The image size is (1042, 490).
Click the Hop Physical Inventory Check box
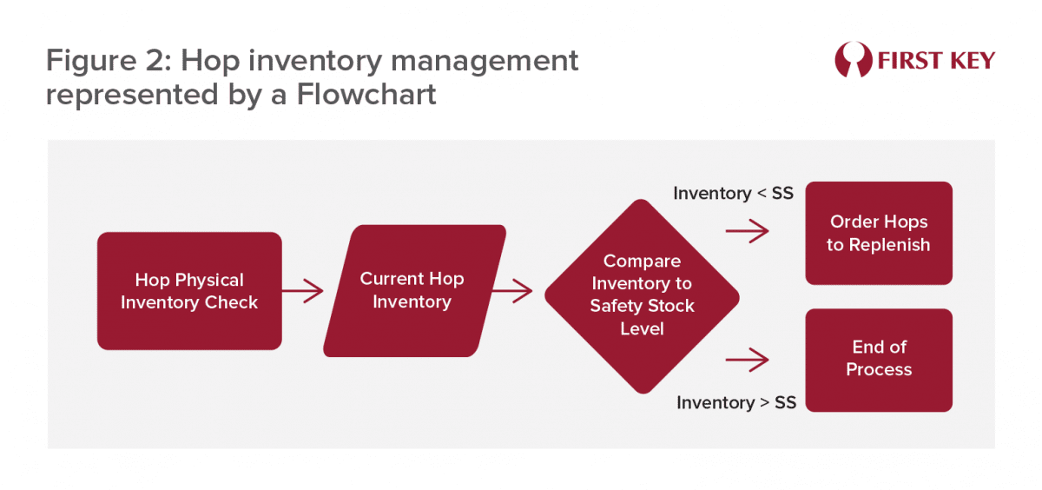pyautogui.click(x=189, y=291)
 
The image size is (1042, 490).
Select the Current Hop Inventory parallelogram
pyautogui.click(x=413, y=290)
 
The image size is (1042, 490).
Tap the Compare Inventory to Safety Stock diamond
pyautogui.click(x=642, y=295)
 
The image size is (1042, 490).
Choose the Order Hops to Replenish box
pyautogui.click(x=879, y=233)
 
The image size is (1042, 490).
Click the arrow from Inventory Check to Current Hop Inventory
pyautogui.click(x=302, y=291)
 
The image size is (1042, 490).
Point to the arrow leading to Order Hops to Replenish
pyautogui.click(x=747, y=231)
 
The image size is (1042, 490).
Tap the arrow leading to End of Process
pyautogui.click(x=747, y=358)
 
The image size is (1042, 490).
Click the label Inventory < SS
pyautogui.click(x=733, y=193)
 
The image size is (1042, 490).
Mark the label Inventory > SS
pyautogui.click(x=736, y=402)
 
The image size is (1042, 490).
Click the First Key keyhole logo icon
pyautogui.click(x=852, y=60)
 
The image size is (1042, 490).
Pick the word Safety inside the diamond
pyautogui.click(x=617, y=306)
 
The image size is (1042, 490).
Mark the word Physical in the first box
pyautogui.click(x=209, y=280)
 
